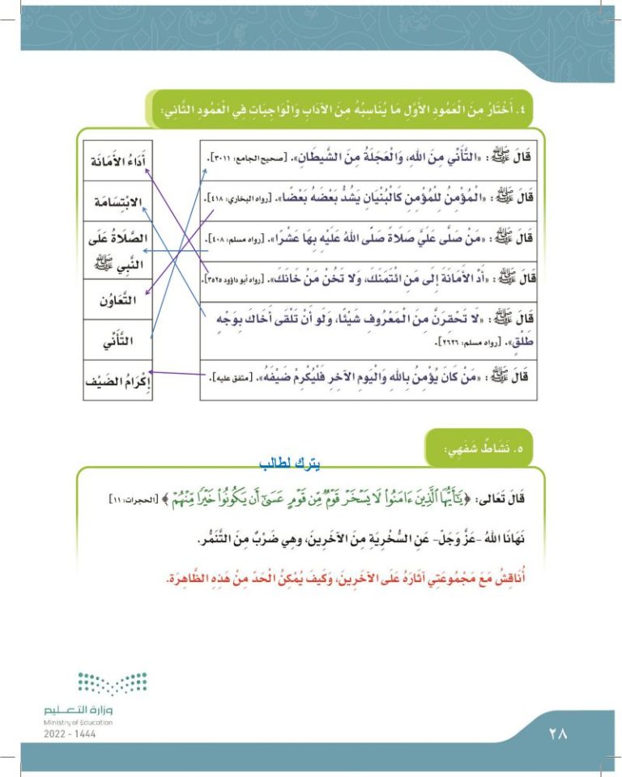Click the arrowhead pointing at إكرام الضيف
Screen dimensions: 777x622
coord(151,374)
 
